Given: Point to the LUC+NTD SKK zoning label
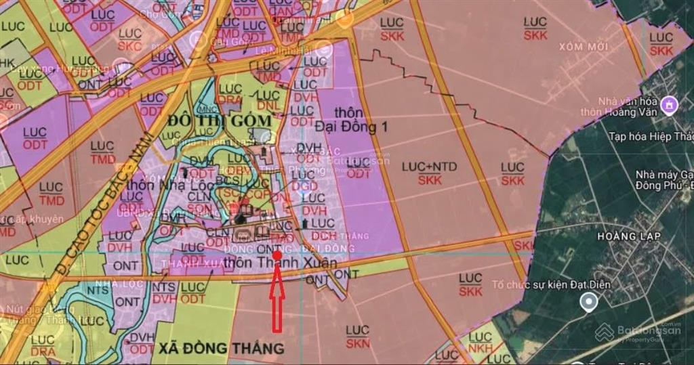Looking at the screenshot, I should point(430,173).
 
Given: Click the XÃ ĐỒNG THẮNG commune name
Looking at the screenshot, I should point(221,349).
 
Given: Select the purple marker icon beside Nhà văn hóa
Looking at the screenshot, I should point(670,104).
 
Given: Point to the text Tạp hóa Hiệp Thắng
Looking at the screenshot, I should point(649,136).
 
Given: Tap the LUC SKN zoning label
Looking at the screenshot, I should point(357,337).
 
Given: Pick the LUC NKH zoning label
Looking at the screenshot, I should point(481,343).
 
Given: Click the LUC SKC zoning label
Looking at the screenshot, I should point(129,39).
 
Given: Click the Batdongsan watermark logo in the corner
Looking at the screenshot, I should point(638,332).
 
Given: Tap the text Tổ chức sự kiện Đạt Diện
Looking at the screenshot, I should point(551,285).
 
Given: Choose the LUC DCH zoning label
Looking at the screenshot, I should point(323,230).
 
